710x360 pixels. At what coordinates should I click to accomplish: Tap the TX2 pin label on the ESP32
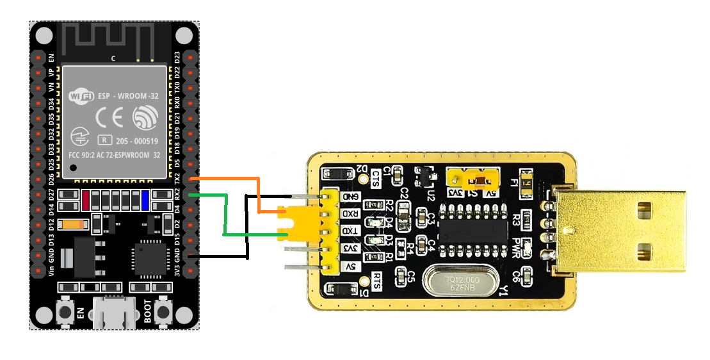pos(178,177)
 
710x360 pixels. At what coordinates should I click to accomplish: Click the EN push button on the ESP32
pos(65,313)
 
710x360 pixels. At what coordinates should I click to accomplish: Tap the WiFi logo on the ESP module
pos(81,97)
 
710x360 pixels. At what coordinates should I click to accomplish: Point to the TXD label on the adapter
pos(350,231)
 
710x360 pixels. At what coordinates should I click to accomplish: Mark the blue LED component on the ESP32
pos(145,200)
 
